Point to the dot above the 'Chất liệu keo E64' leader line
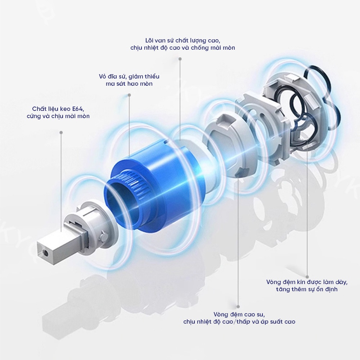61,132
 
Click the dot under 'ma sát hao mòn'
129,95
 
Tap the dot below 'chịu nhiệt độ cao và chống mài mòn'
180,59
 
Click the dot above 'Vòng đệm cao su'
238,306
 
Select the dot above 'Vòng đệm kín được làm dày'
307,277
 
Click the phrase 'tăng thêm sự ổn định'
307,289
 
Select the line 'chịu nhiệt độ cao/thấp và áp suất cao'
239,321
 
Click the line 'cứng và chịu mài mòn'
58,116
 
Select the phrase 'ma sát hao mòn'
129,84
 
